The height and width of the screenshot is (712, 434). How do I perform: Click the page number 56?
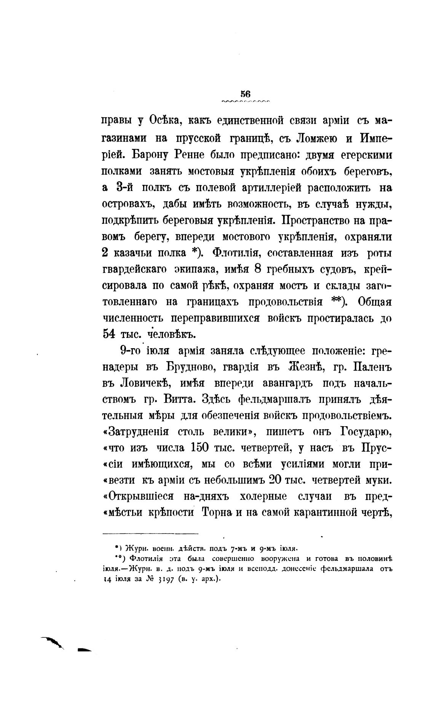[245, 94]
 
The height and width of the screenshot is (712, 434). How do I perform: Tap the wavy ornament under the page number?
[245, 102]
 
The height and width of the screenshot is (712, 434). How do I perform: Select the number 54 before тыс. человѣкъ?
[109, 334]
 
